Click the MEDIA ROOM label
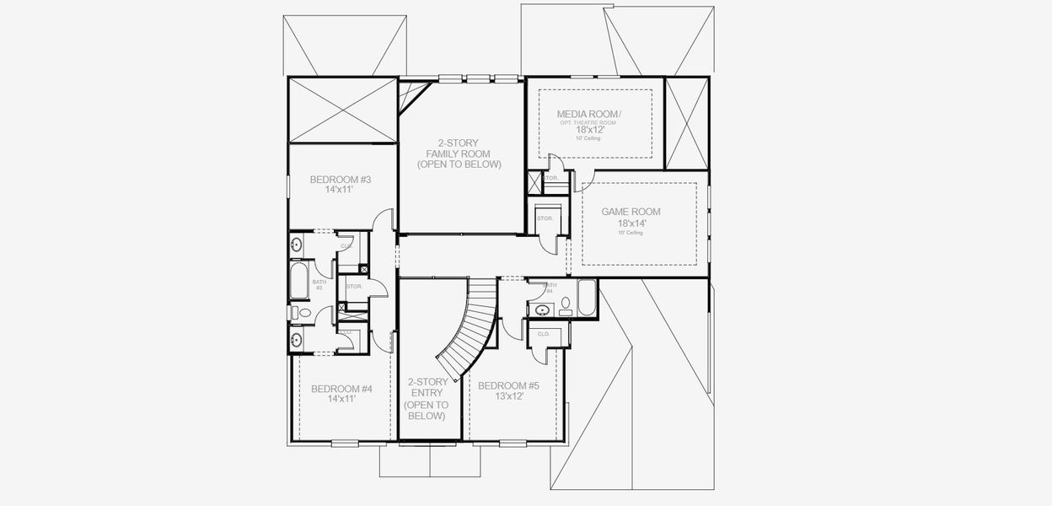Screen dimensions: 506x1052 tap(589, 114)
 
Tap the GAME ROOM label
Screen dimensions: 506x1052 tap(630, 213)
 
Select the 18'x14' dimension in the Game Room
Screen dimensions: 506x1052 tap(630, 223)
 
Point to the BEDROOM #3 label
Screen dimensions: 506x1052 tap(341, 180)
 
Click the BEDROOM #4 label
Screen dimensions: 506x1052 tap(341, 389)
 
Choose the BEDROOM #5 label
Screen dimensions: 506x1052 tap(507, 385)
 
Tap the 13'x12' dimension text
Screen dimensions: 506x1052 tap(507, 396)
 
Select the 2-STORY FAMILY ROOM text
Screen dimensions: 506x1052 tap(459, 153)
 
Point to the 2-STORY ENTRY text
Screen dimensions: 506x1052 tap(427, 398)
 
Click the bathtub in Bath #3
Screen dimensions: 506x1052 tap(300, 282)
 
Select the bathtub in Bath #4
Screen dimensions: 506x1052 tap(587, 298)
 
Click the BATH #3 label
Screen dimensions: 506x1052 tap(319, 285)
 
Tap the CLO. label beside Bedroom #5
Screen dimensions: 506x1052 tap(543, 334)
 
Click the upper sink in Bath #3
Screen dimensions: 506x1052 tap(296, 245)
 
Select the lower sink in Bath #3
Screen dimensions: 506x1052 tap(296, 341)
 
